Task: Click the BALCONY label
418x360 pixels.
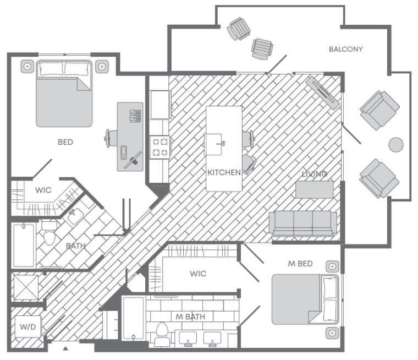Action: click(x=345, y=49)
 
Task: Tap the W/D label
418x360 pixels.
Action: click(x=28, y=326)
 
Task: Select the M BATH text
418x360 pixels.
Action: click(x=190, y=317)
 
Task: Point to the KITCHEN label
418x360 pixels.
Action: click(x=224, y=172)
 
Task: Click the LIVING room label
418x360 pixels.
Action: click(x=314, y=174)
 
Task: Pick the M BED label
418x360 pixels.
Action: click(x=300, y=264)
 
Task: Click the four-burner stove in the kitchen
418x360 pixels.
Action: click(x=159, y=148)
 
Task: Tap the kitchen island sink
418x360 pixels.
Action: click(x=213, y=144)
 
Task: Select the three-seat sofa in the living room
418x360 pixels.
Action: click(x=303, y=223)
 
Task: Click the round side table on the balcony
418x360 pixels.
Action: click(x=396, y=145)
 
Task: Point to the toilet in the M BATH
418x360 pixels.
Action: click(x=162, y=334)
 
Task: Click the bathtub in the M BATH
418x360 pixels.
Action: click(x=133, y=319)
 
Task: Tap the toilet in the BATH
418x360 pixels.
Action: click(x=50, y=233)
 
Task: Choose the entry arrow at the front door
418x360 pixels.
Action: click(x=65, y=348)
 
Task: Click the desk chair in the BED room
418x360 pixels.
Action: click(x=111, y=138)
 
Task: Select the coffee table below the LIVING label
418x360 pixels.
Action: click(x=315, y=190)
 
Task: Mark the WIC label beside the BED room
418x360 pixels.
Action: click(x=43, y=190)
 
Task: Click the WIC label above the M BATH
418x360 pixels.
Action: click(x=198, y=274)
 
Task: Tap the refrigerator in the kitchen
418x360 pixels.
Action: click(x=160, y=105)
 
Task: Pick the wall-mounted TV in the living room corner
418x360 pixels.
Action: click(x=322, y=92)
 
